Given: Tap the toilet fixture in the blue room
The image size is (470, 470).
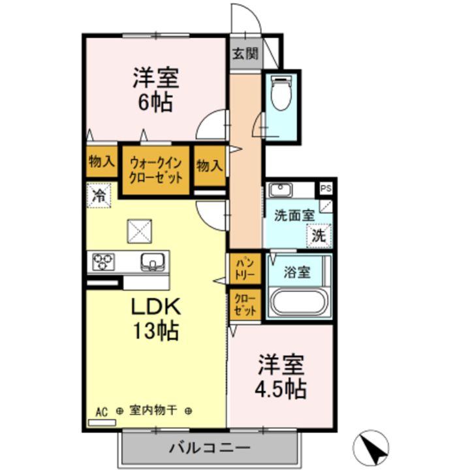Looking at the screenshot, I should (279, 91).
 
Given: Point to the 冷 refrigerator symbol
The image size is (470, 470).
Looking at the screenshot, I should (99, 195).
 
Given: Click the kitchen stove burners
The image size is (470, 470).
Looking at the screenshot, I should (103, 262).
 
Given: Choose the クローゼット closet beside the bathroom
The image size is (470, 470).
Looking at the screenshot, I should (245, 305).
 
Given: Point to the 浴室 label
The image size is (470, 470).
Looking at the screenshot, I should (296, 273).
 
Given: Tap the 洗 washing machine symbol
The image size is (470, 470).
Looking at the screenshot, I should (318, 236).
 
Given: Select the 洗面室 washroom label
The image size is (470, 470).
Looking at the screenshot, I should (294, 215).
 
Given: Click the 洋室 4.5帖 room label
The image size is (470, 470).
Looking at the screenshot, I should (281, 377).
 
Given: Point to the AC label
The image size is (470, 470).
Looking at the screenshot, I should (101, 412).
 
